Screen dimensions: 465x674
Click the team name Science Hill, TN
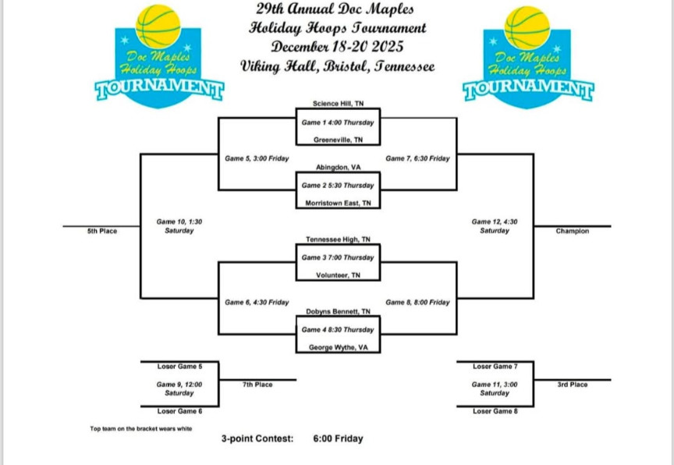pyautogui.click(x=338, y=103)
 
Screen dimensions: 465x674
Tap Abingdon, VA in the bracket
pyautogui.click(x=338, y=167)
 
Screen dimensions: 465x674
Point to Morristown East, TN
pyautogui.click(x=338, y=203)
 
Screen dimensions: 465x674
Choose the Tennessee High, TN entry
pyautogui.click(x=338, y=240)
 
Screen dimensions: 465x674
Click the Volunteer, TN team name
pyautogui.click(x=338, y=275)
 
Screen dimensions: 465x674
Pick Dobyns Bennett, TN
pyautogui.click(x=338, y=311)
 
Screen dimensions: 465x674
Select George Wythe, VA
pyautogui.click(x=338, y=347)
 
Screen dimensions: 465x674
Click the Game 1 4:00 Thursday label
pyautogui.click(x=338, y=122)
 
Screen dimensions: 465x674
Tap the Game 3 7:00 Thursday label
pyautogui.click(x=338, y=257)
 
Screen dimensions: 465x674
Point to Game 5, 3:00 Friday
pyautogui.click(x=257, y=158)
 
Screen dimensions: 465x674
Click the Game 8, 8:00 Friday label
pyautogui.click(x=417, y=302)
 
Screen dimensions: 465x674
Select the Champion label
pyautogui.click(x=572, y=231)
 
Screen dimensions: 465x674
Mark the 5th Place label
pyautogui.click(x=102, y=231)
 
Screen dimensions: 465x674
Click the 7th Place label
pyautogui.click(x=257, y=384)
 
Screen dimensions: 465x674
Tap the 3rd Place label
pyautogui.click(x=572, y=384)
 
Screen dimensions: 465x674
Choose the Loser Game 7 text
pyautogui.click(x=495, y=366)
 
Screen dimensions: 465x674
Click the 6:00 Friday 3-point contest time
pyautogui.click(x=338, y=438)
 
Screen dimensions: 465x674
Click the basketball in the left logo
pyautogui.click(x=158, y=26)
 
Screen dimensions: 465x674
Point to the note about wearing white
pyautogui.click(x=140, y=428)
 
